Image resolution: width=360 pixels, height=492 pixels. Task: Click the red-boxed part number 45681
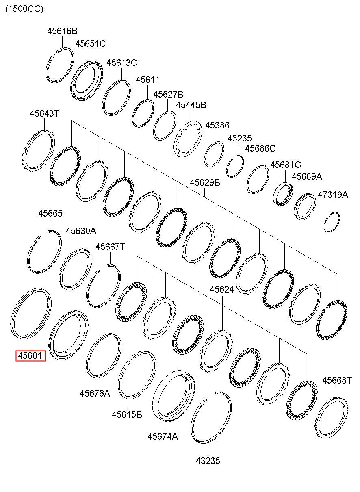click(x=30, y=356)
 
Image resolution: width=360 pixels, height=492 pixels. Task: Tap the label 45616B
click(x=62, y=31)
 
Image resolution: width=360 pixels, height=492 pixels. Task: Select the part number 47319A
click(x=333, y=195)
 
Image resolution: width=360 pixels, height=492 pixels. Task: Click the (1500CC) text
click(x=24, y=9)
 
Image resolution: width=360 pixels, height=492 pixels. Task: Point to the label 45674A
click(x=163, y=436)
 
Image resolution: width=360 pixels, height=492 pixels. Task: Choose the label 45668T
click(x=337, y=380)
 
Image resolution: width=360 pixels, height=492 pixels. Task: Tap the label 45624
click(x=222, y=289)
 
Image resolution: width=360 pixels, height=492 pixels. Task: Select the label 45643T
click(x=44, y=114)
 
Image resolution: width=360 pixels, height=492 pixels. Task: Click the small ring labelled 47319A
click(x=332, y=222)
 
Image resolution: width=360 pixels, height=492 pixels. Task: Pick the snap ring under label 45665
click(x=45, y=252)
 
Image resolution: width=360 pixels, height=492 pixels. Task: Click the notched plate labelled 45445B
click(x=188, y=139)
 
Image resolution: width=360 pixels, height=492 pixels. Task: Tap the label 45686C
click(x=260, y=148)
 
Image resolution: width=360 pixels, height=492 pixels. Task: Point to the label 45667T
click(x=110, y=247)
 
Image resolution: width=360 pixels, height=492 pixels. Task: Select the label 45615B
click(x=127, y=414)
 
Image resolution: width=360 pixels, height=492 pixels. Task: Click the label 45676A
click(x=95, y=393)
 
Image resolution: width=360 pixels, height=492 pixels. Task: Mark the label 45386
click(x=217, y=126)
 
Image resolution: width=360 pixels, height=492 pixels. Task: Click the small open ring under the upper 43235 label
click(x=235, y=167)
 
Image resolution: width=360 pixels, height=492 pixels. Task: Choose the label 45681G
click(x=286, y=165)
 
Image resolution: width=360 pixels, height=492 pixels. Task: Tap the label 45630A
click(x=81, y=231)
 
